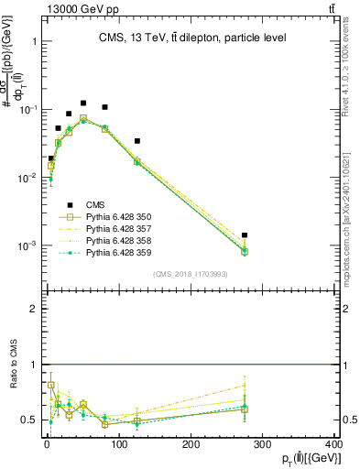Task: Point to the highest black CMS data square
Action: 83,104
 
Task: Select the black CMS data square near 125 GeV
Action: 136,141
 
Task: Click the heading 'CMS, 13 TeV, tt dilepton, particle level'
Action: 192,38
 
